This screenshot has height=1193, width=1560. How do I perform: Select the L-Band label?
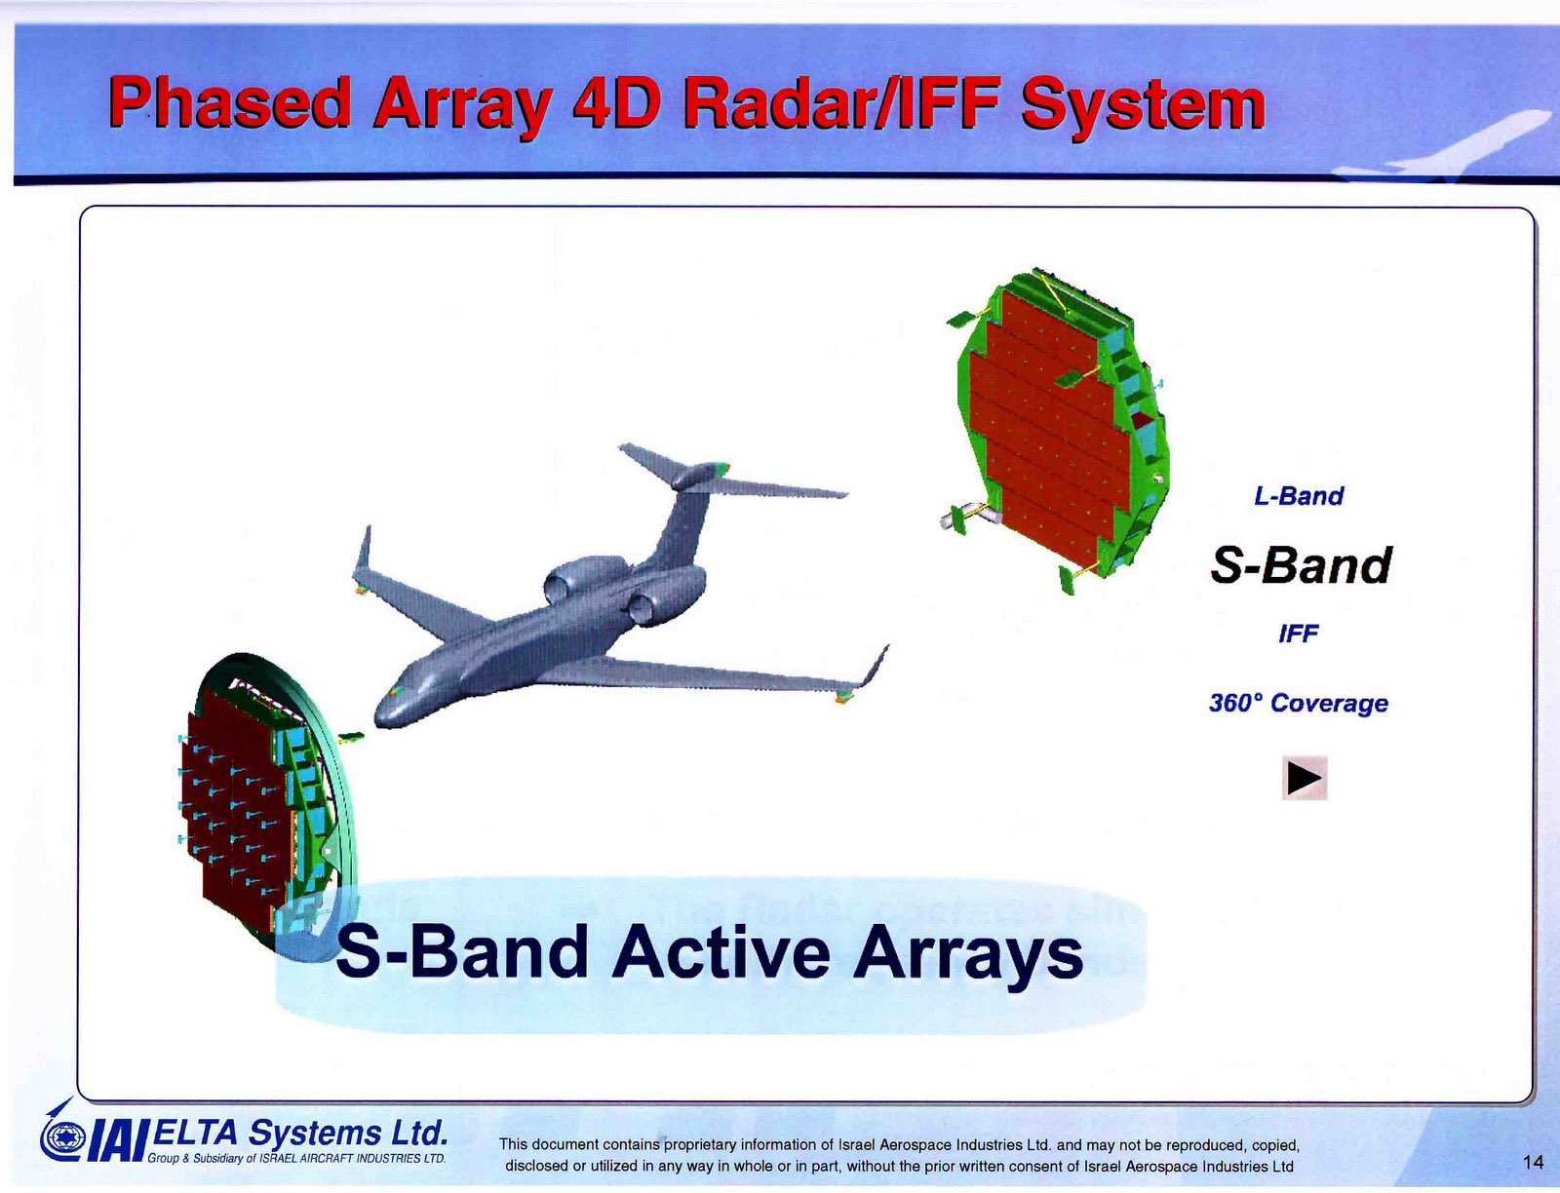1299,496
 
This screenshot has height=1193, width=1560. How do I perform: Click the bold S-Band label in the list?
1300,565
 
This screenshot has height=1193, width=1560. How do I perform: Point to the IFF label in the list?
1299,633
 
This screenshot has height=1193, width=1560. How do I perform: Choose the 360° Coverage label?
1299,703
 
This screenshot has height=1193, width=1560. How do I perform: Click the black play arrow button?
1305,778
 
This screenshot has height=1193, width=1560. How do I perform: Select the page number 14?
1534,1163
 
